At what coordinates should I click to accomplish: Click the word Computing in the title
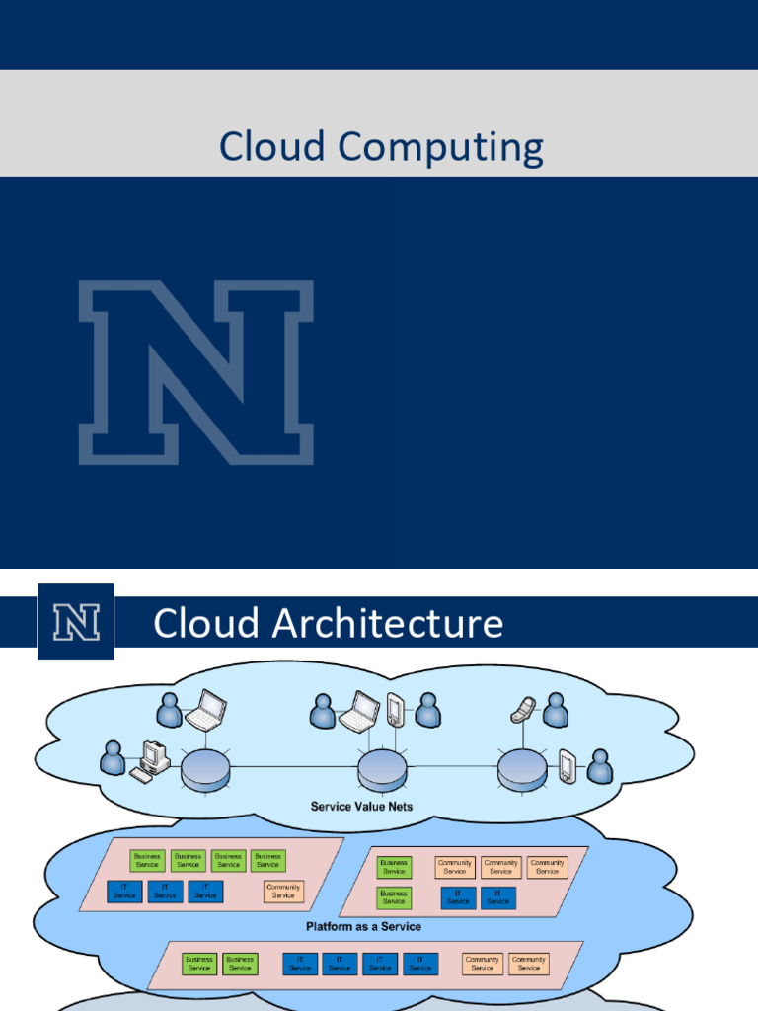(x=440, y=149)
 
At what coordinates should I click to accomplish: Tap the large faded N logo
(x=196, y=372)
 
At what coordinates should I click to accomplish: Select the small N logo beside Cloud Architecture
(x=75, y=621)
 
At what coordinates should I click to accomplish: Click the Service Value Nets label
(x=361, y=806)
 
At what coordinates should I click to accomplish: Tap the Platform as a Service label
(x=363, y=926)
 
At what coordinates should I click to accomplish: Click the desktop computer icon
(x=152, y=758)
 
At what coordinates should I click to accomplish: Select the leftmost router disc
(x=205, y=768)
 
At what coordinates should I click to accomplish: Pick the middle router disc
(x=382, y=768)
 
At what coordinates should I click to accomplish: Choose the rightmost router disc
(x=522, y=768)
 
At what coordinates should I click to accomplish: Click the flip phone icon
(x=523, y=708)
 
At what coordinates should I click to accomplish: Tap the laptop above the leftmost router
(x=206, y=710)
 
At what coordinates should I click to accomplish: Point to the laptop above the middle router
(x=360, y=710)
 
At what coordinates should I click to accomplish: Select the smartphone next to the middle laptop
(x=395, y=710)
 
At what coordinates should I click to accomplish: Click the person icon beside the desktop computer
(x=114, y=758)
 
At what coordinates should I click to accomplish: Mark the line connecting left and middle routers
(x=293, y=767)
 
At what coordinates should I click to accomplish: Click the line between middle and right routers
(x=452, y=767)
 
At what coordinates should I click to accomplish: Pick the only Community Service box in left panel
(x=283, y=892)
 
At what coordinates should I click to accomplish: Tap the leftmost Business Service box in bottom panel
(x=199, y=964)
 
